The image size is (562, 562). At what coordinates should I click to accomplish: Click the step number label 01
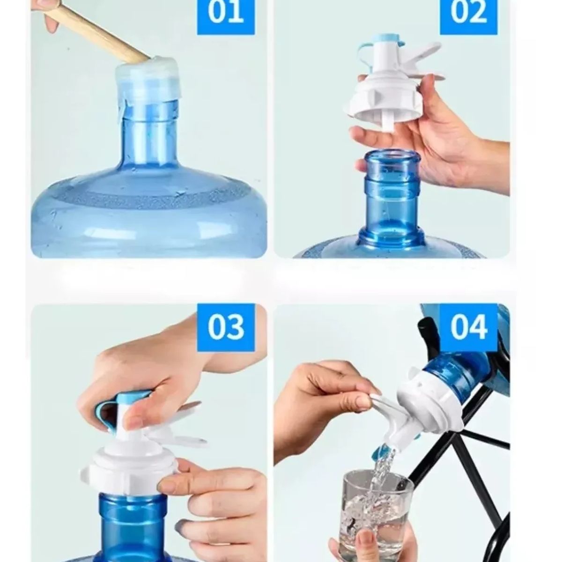coord(226,14)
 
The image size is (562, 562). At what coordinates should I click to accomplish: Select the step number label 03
coord(226,327)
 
